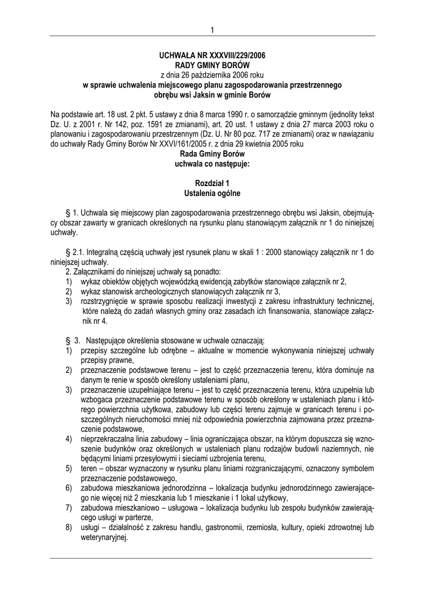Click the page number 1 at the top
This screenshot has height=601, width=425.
[x=212, y=30]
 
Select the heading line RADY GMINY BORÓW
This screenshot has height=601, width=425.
[x=212, y=64]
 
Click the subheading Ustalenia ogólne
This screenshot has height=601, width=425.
[x=212, y=193]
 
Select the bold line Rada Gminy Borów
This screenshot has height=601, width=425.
[x=212, y=154]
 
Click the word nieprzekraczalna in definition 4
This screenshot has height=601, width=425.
[x=110, y=440]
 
